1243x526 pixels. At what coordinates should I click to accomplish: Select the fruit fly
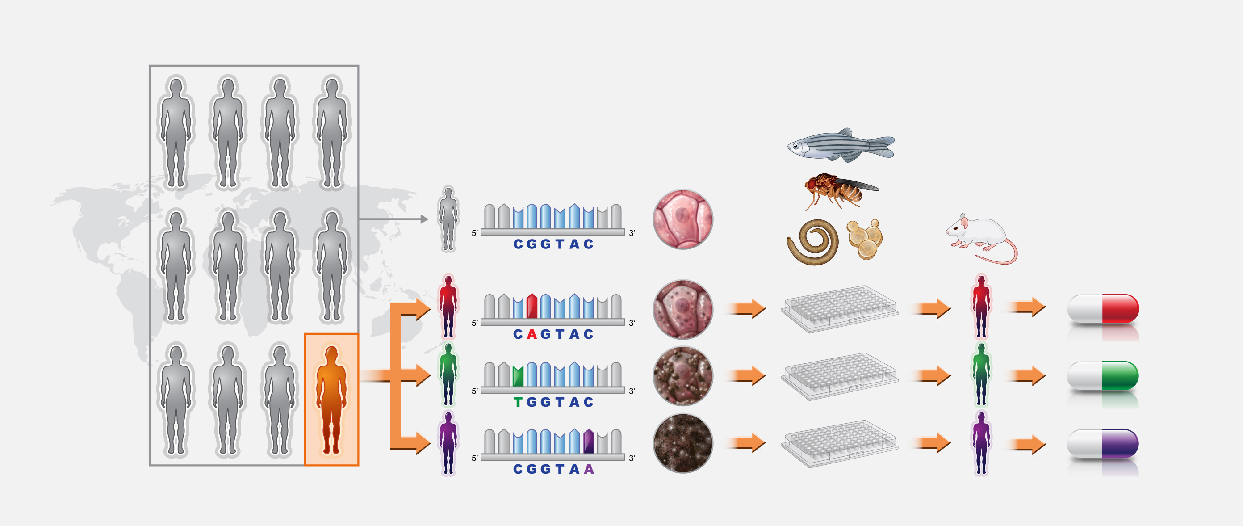pos(840,191)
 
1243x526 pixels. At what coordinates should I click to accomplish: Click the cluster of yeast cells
pos(865,240)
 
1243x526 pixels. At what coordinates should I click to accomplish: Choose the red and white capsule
pos(1103,309)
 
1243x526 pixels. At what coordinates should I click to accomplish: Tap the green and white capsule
pos(1103,376)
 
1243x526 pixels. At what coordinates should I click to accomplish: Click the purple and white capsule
pos(1103,443)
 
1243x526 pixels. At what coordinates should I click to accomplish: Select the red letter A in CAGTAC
pos(532,334)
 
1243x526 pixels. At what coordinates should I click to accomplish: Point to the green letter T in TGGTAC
pos(518,402)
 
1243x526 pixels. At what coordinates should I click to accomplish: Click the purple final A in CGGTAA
pos(589,469)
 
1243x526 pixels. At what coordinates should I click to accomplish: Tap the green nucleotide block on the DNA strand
pos(518,376)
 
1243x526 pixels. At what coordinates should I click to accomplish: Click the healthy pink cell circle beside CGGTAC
pos(683,219)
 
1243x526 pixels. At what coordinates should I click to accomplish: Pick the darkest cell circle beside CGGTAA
pos(683,443)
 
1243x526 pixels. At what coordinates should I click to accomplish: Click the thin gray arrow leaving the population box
pos(393,219)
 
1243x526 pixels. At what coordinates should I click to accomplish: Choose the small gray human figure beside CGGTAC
pos(448,219)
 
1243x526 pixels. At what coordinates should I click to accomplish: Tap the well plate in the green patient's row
pos(840,376)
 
